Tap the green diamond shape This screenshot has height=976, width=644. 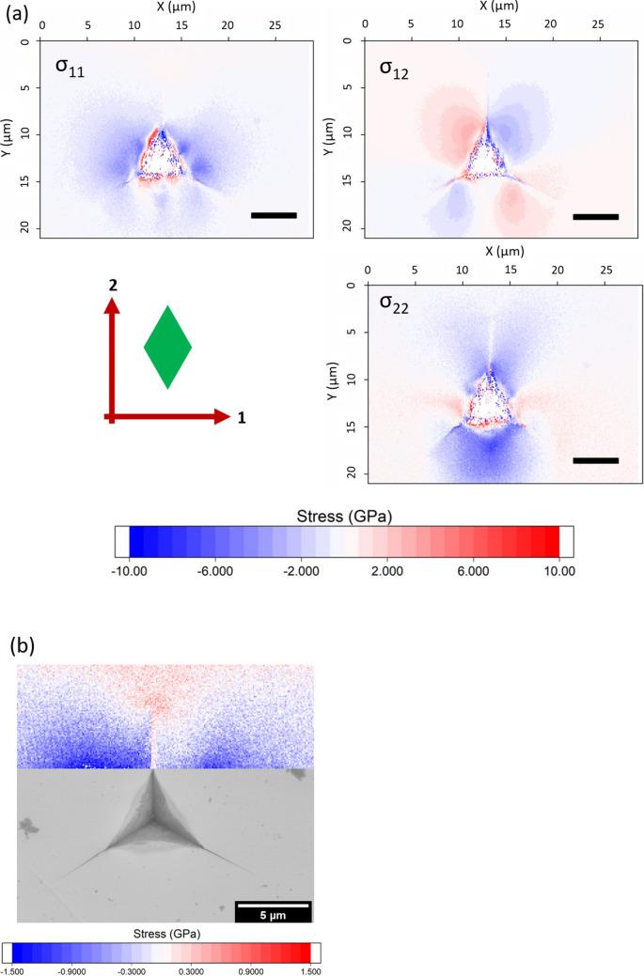click(x=167, y=347)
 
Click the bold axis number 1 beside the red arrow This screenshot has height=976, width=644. click(x=242, y=418)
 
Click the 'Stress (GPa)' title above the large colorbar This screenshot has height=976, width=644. click(x=343, y=515)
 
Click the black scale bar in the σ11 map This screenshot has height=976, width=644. click(x=274, y=215)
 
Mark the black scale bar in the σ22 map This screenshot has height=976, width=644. click(x=595, y=460)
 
